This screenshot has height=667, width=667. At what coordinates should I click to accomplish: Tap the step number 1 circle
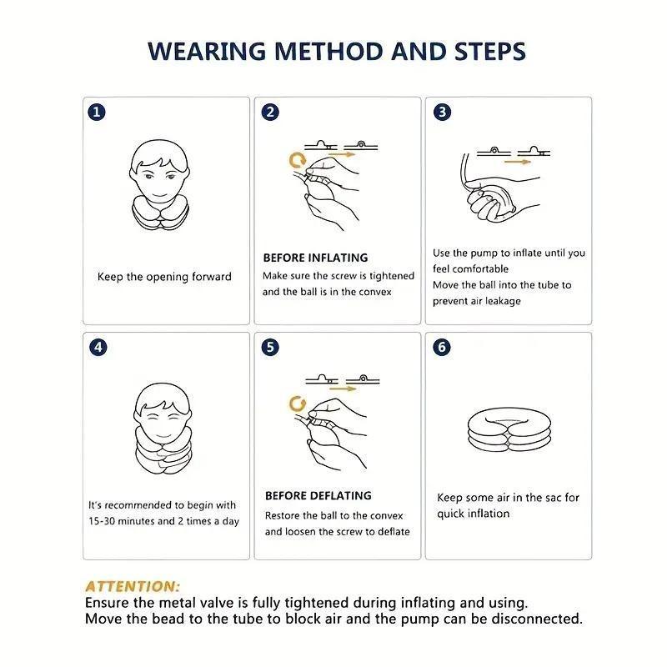coord(98,112)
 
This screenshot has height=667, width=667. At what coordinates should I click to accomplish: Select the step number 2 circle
coord(270,112)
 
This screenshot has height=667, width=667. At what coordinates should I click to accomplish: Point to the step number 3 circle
coord(443,112)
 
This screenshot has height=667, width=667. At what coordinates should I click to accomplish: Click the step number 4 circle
coord(98,348)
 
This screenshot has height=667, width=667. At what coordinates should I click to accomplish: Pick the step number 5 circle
coord(270,348)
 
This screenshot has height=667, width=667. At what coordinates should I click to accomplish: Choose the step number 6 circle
coord(443,348)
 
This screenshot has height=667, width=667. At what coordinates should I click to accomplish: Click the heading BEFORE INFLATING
coord(315,258)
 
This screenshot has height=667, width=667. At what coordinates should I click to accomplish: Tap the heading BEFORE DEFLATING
coord(318,495)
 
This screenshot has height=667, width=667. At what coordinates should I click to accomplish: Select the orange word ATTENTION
coord(132,587)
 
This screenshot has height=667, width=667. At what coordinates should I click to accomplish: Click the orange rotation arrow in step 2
coord(294,158)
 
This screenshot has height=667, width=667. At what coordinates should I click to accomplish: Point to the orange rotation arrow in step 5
coord(294,404)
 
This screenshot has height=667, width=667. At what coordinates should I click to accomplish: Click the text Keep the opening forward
coord(164,277)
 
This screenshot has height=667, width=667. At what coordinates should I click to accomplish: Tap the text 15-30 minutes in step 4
coord(123,521)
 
